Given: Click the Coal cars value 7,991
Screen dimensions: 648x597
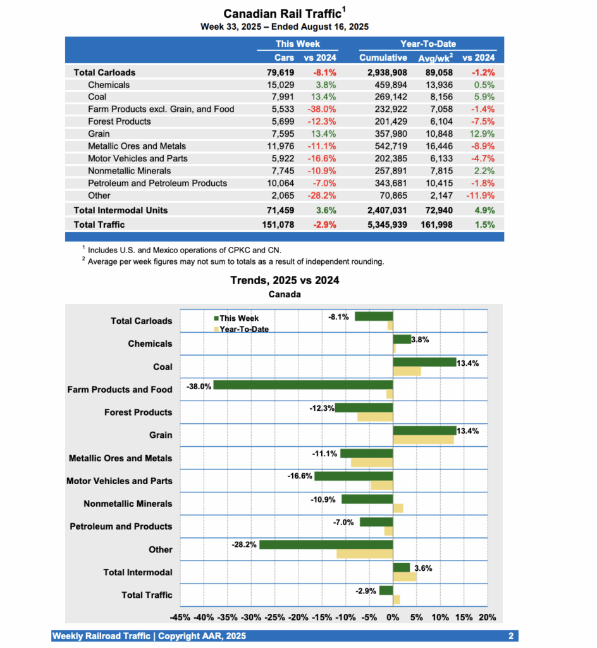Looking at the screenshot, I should tap(282, 97).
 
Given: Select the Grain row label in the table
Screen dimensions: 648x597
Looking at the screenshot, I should tap(99, 134).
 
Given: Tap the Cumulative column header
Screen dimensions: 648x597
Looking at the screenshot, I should tap(383, 58).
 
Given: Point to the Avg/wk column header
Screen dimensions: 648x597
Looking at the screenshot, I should tap(435, 58).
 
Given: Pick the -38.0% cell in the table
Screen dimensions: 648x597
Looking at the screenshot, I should tap(321, 109).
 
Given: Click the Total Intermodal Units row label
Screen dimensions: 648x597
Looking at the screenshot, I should tap(120, 210).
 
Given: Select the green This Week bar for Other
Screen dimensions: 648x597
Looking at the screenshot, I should tap(326, 544).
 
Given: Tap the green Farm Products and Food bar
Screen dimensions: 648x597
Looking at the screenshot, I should tap(303, 385).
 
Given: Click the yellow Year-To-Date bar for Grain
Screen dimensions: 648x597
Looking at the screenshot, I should tap(423, 440).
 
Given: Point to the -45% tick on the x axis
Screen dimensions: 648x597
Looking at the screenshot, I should tap(180, 618).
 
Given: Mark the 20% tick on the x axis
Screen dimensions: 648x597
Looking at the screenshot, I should tap(487, 618).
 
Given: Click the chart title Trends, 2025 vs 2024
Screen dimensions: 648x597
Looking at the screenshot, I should tap(285, 280).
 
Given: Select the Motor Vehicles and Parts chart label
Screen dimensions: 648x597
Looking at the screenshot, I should tap(119, 481).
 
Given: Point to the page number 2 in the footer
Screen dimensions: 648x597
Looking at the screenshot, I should tap(510, 636).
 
